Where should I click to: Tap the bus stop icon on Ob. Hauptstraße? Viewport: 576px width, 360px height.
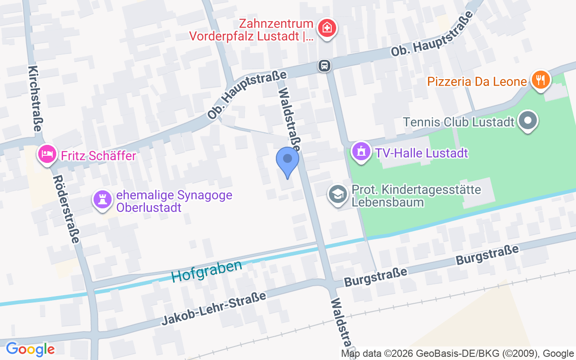coord(324,66)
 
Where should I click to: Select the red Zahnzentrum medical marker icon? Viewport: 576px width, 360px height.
coord(327,28)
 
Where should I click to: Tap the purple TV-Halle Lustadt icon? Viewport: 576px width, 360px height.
coord(360,151)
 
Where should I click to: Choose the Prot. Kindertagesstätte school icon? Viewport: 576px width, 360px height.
coord(337,194)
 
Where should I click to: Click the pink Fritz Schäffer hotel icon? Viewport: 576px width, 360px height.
coord(47,154)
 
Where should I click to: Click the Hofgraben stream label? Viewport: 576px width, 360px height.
coord(207,271)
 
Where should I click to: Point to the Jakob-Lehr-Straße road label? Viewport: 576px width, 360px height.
coord(214,308)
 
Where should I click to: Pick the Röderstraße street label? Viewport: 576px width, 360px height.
coord(66,209)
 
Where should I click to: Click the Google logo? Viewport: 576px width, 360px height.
coord(30,349)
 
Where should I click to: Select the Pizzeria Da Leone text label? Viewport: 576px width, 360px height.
coord(477,82)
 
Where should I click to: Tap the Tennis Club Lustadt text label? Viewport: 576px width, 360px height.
coord(459,122)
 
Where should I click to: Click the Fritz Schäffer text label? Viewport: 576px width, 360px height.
coord(99,156)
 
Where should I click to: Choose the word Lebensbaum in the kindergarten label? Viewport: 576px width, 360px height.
coord(388,202)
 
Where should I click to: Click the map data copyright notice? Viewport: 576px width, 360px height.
coord(458,353)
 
